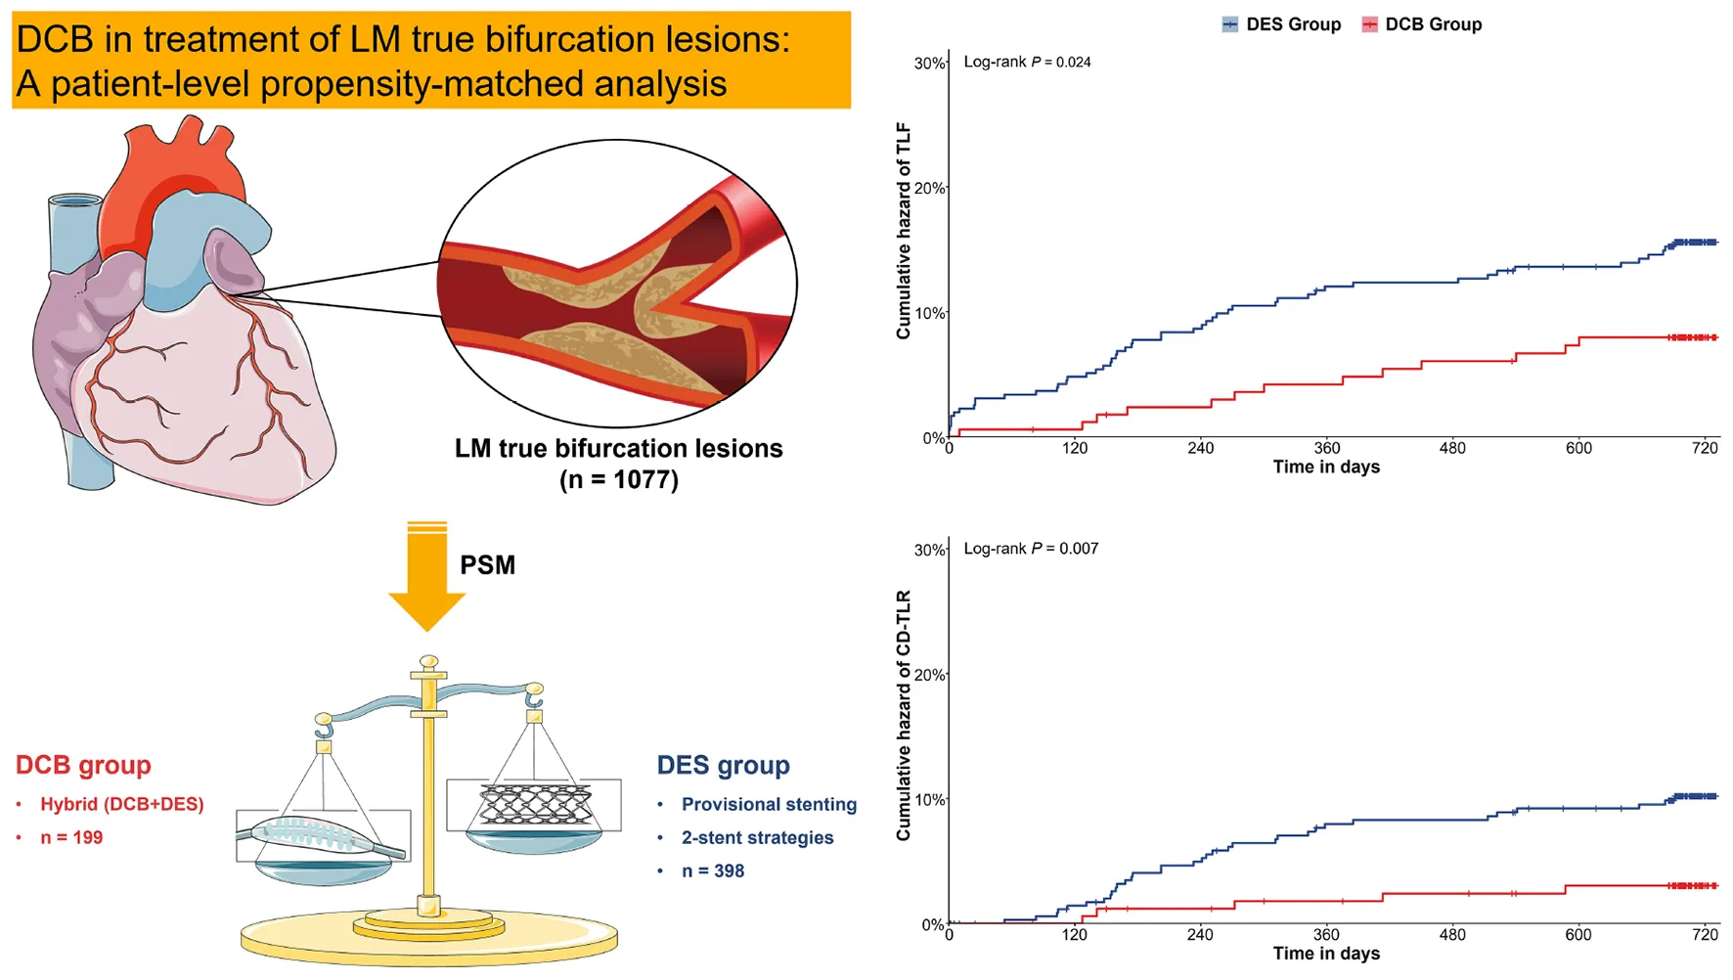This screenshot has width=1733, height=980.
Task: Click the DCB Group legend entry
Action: click(1422, 24)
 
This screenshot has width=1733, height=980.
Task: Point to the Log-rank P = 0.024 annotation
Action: click(1027, 62)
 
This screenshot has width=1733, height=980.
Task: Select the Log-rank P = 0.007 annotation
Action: click(1031, 549)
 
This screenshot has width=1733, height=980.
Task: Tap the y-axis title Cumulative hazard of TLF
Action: click(903, 231)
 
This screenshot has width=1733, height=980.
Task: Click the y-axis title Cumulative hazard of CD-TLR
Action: click(903, 715)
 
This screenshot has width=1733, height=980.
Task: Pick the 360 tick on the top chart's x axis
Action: click(1326, 448)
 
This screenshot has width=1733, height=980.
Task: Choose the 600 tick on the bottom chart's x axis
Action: click(1578, 934)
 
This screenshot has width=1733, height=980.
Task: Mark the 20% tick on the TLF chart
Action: click(929, 188)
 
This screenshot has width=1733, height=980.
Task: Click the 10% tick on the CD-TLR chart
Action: click(929, 800)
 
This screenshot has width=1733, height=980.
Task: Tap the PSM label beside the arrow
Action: click(487, 565)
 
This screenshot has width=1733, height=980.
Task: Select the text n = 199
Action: click(71, 837)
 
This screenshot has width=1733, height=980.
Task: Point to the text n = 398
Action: click(713, 870)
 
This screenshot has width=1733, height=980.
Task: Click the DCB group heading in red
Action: click(83, 765)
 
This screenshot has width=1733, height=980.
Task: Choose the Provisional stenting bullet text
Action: click(769, 804)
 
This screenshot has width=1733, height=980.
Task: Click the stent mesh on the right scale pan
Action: click(534, 804)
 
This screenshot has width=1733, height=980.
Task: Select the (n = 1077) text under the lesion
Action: click(619, 479)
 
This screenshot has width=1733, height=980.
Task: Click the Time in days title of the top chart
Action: click(1326, 467)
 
